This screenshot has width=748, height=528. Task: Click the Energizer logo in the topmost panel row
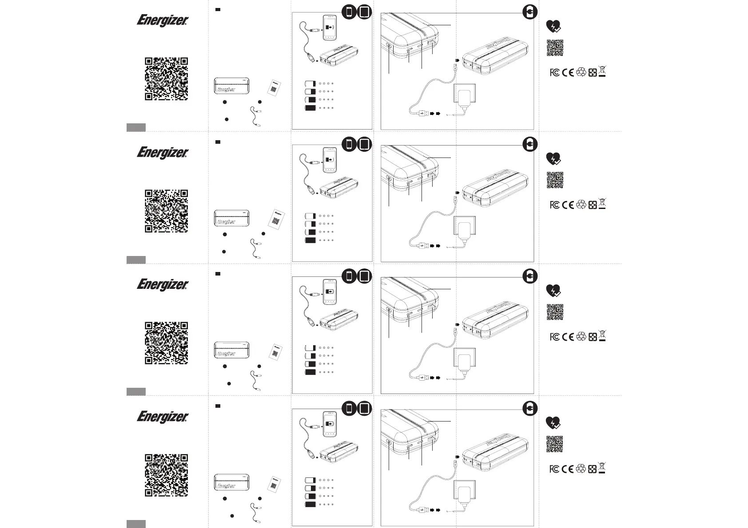(163, 21)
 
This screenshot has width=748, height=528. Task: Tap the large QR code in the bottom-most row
(166, 475)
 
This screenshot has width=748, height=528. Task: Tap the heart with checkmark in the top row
(553, 27)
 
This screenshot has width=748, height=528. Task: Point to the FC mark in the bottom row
(554, 469)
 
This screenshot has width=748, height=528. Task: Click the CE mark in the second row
(568, 205)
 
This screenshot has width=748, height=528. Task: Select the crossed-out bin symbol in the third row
(602, 336)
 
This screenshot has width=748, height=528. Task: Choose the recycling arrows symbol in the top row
(581, 72)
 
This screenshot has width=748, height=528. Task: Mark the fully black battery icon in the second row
(310, 240)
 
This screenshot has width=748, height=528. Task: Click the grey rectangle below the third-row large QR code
(136, 391)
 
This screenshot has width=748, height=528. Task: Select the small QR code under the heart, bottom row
(555, 444)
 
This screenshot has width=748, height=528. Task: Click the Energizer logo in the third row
(163, 285)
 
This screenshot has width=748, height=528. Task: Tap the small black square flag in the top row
(218, 10)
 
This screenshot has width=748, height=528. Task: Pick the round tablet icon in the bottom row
(364, 408)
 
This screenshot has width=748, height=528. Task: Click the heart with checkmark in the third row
(553, 290)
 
